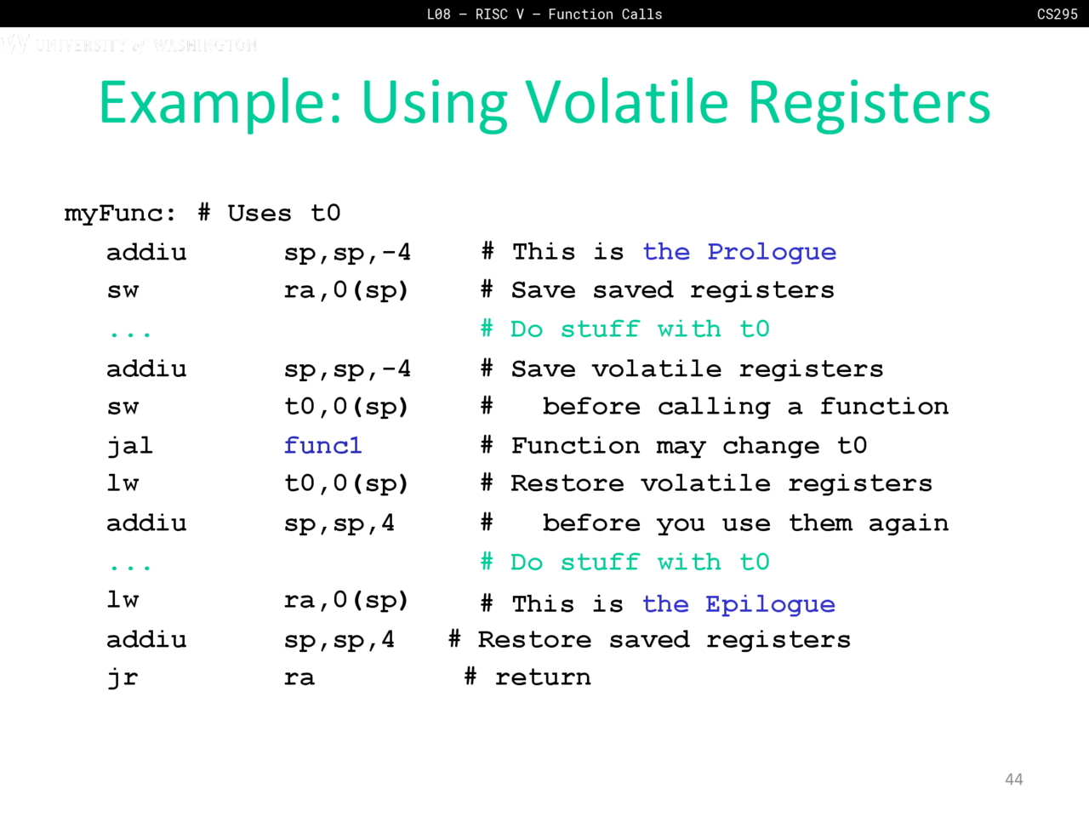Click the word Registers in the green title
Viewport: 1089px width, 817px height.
869,106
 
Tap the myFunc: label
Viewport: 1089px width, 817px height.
120,214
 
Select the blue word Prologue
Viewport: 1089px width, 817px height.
772,253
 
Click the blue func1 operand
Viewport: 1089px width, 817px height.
322,445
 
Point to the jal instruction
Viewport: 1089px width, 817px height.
129,446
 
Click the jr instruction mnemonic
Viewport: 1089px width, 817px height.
123,678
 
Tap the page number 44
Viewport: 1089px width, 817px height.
1013,780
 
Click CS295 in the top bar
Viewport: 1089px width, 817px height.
1058,14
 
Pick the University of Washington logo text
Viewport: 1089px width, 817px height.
129,44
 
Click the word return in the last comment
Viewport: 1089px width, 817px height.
543,677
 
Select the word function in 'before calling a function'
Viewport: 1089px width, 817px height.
884,406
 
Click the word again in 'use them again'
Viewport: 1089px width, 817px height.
909,524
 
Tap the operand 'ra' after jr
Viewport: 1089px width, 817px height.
299,678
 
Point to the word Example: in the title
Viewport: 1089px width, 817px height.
220,104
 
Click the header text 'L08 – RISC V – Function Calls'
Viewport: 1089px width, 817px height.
544,14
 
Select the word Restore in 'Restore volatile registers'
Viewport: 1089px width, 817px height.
567,483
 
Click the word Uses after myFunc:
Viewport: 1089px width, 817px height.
259,214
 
